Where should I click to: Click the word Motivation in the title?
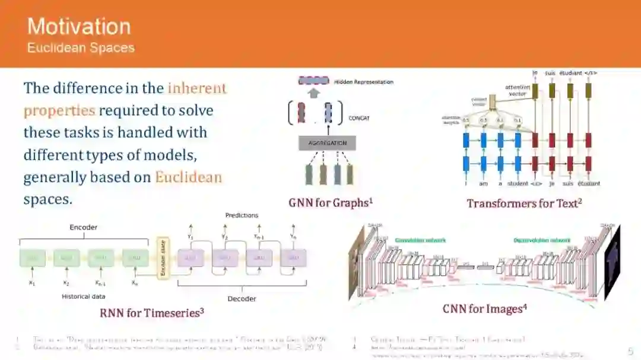79,27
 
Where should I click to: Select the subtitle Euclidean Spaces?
81,48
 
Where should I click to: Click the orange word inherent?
197,88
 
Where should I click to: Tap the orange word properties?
59,110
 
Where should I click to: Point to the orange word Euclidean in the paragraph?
189,177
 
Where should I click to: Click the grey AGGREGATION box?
327,143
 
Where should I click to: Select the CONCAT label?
359,118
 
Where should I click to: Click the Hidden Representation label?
363,82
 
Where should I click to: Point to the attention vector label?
518,90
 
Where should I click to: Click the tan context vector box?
492,104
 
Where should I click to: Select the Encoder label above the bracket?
83,227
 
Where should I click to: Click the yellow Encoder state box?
162,258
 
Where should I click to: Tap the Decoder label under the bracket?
241,298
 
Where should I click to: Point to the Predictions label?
242,215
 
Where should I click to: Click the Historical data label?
84,296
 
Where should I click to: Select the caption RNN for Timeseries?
151,313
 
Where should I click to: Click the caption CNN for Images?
484,308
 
